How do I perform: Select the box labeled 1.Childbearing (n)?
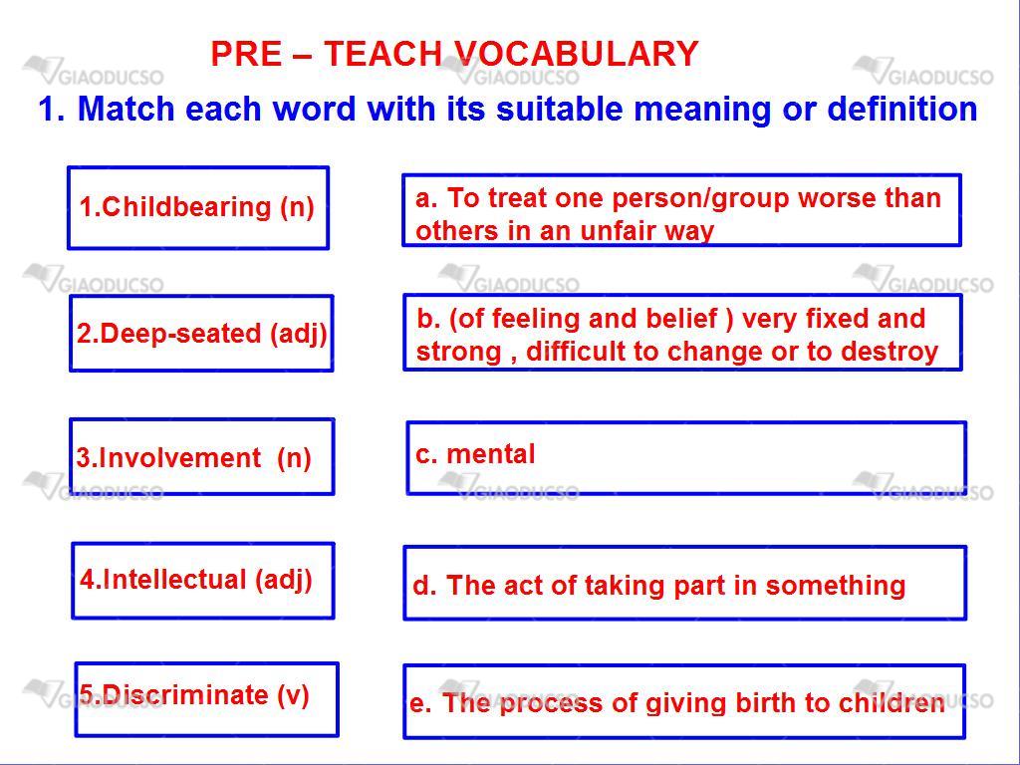tap(198, 208)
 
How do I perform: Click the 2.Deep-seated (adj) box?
tap(201, 334)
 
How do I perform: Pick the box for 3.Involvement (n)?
tap(202, 456)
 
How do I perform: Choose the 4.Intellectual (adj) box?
tap(203, 581)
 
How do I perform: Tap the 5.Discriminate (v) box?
tap(207, 699)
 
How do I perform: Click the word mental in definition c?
tap(490, 454)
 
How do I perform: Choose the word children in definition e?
tap(892, 702)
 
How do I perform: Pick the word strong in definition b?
tap(458, 353)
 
